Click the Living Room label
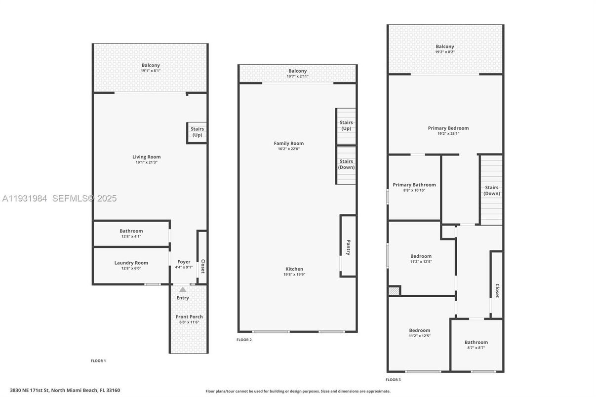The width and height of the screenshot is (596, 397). point(147,157)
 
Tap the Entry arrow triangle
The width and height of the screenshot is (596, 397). point(183,290)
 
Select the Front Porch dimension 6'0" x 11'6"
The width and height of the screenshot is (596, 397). point(189,322)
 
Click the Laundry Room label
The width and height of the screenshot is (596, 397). point(131,263)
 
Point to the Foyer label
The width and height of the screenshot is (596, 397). point(184,262)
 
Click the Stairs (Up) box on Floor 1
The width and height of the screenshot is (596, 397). point(197,132)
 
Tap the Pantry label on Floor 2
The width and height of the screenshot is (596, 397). point(348,247)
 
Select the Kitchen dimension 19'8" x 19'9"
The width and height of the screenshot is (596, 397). point(294,275)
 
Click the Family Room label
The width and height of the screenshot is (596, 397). point(289,143)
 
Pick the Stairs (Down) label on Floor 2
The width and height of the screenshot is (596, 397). point(346,164)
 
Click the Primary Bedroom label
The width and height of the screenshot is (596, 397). point(448,128)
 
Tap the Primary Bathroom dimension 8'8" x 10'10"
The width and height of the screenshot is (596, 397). point(414,190)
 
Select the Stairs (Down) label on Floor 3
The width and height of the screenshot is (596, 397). point(491,190)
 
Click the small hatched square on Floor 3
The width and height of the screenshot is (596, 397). point(394,291)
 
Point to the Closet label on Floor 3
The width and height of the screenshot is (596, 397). point(497,290)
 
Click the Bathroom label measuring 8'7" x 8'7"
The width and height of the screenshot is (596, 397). point(476,342)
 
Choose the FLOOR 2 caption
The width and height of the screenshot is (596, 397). point(244,340)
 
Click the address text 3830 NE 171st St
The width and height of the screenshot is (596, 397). point(65,390)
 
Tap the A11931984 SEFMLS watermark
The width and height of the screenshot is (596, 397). point(59,198)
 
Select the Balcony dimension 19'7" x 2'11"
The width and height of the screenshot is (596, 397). point(298,77)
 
